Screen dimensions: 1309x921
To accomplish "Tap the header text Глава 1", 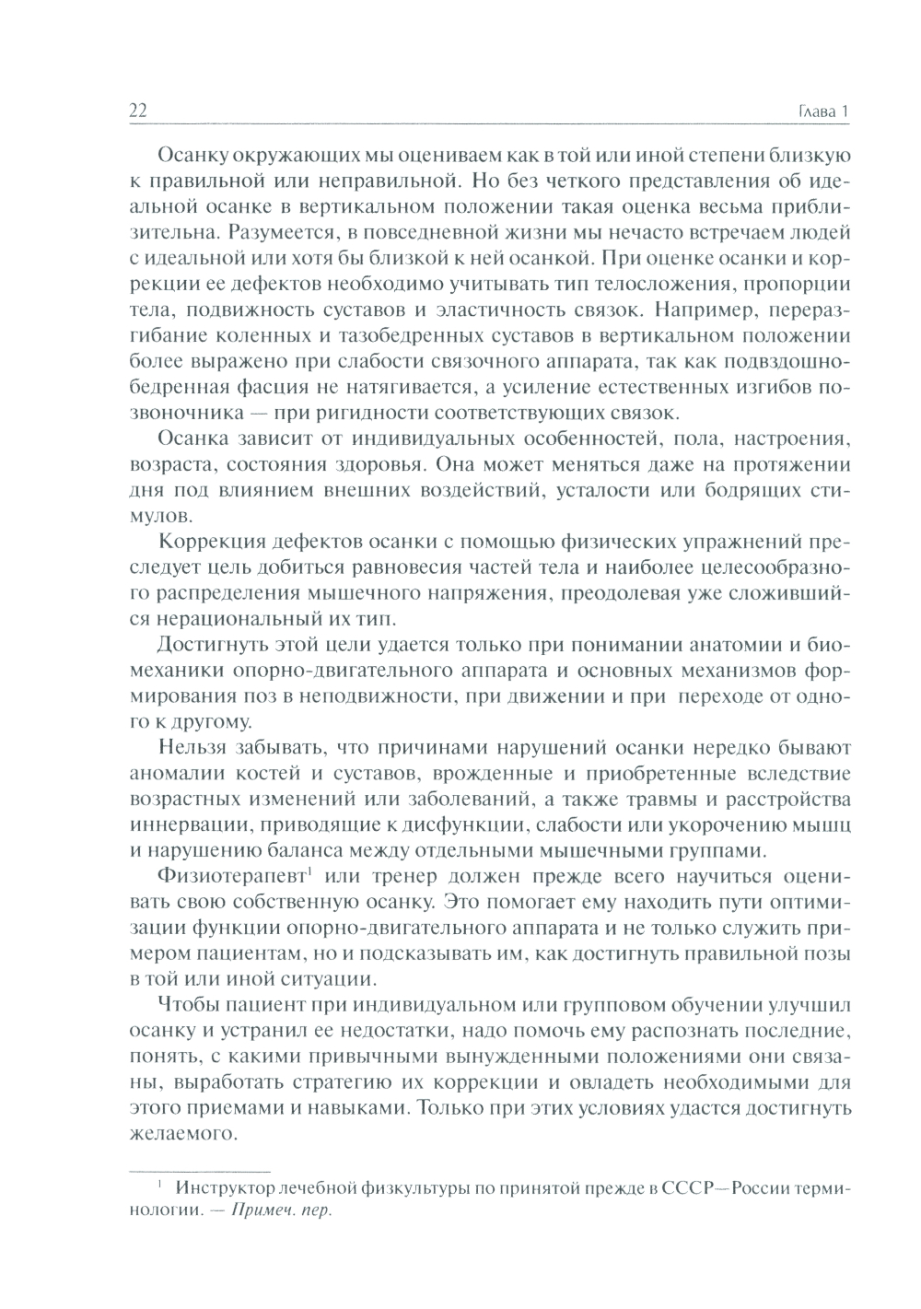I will coord(820,112).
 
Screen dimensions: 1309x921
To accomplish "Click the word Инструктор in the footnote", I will coord(228,1187).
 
